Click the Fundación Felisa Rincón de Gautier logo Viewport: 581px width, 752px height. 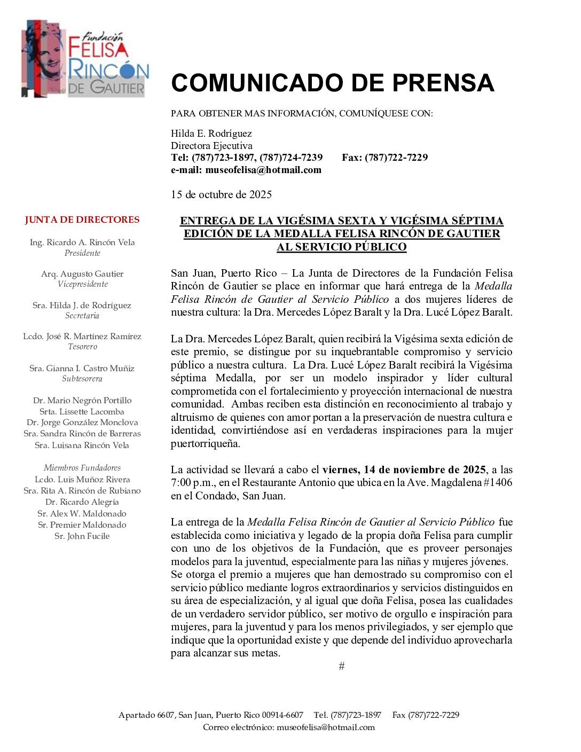85,59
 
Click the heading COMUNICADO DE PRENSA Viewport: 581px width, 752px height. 332,83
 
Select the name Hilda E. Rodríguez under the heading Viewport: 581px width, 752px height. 211,134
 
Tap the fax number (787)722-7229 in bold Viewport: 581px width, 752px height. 396,158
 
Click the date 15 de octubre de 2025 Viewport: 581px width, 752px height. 221,194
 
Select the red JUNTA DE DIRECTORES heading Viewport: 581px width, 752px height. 82,220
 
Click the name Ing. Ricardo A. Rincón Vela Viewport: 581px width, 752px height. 82,242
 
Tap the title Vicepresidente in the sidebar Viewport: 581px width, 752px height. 82,284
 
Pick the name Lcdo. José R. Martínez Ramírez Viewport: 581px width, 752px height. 82,336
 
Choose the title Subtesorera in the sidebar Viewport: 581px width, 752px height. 82,379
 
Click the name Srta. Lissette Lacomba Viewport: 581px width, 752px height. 82,412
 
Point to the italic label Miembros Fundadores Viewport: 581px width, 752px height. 82,468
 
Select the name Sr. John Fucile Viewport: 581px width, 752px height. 82,536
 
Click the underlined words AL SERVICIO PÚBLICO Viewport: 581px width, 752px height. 342,247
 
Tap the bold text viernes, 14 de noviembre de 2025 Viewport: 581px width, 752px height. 404,470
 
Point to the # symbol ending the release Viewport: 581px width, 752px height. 342,666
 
